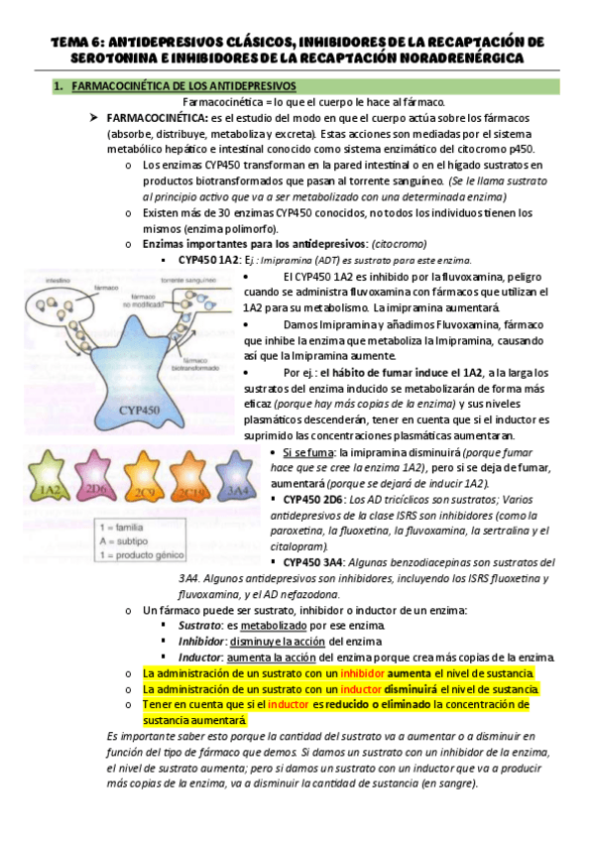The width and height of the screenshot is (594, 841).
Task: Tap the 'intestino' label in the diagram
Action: tap(44, 282)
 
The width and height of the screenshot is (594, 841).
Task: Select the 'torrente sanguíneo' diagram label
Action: tap(192, 281)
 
